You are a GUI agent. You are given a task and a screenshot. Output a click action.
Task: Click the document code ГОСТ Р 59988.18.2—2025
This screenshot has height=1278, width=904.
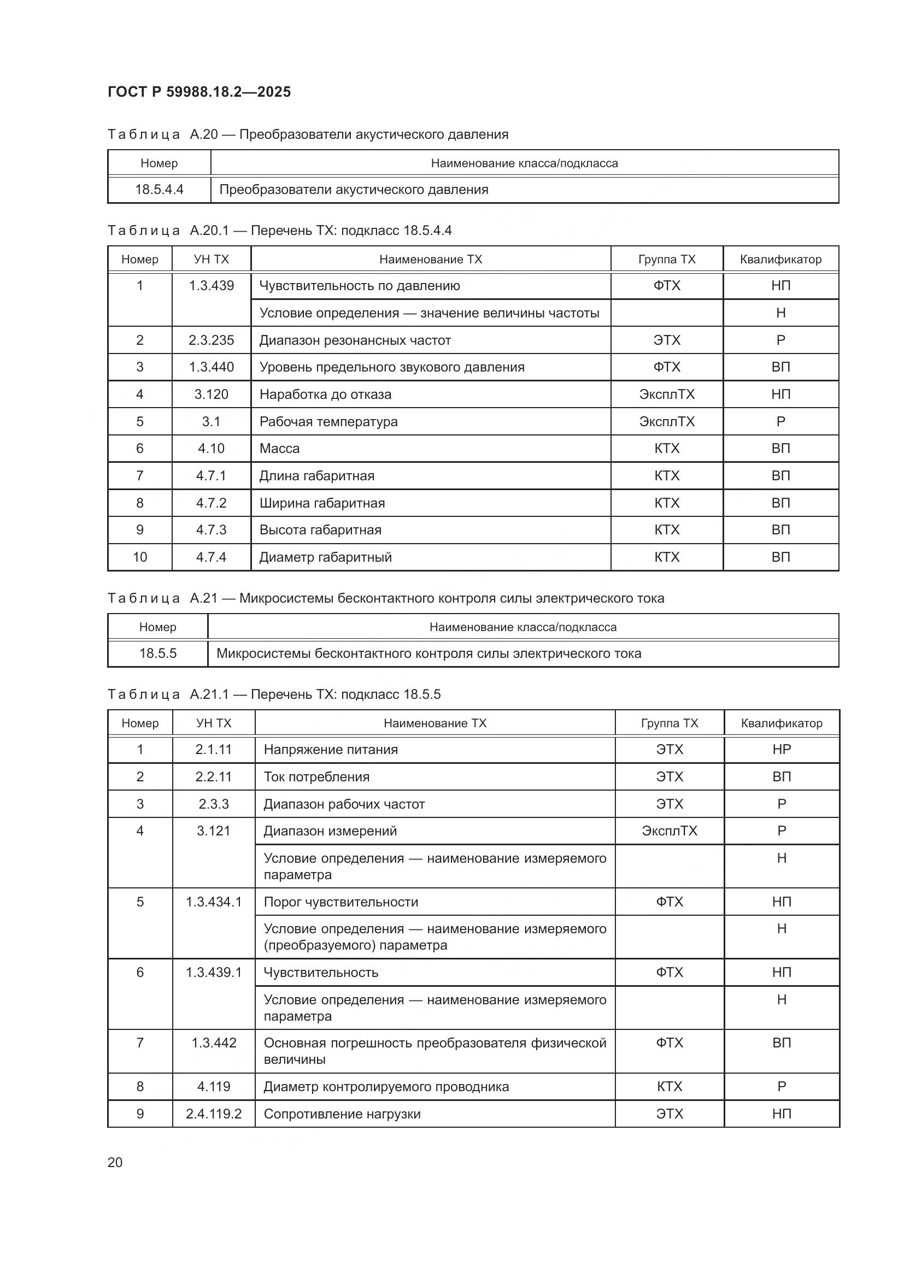(199, 92)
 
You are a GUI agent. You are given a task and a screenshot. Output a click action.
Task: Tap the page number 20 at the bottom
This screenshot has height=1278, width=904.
(115, 1163)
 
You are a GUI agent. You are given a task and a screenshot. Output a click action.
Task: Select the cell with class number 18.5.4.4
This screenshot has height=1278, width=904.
(159, 190)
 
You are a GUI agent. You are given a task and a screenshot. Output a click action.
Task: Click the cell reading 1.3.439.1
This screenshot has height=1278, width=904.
(214, 973)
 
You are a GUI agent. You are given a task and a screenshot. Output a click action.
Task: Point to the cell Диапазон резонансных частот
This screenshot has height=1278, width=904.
(355, 340)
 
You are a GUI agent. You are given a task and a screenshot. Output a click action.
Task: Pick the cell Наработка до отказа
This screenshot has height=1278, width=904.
(325, 394)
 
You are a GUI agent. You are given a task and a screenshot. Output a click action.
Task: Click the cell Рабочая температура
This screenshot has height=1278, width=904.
(328, 422)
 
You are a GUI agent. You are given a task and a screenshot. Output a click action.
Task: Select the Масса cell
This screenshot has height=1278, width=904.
(279, 449)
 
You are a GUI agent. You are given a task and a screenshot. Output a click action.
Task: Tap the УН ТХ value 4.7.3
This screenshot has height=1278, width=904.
(211, 530)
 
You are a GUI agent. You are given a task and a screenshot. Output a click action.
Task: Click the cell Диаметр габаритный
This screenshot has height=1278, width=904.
(325, 557)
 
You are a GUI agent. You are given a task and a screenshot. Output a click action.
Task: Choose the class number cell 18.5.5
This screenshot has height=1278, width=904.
(157, 653)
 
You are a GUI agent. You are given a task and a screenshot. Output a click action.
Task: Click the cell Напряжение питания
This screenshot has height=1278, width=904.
(331, 750)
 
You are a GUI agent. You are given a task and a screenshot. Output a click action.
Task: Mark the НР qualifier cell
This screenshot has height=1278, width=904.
(782, 750)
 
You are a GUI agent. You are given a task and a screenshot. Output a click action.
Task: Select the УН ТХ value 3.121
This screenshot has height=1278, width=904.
(213, 831)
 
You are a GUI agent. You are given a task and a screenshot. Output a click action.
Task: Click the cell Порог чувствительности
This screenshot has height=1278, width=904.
(341, 902)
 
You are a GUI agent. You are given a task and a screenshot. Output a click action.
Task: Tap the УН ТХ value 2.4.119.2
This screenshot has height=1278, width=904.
(214, 1114)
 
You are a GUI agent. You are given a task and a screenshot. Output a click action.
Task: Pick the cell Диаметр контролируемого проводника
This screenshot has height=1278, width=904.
(386, 1087)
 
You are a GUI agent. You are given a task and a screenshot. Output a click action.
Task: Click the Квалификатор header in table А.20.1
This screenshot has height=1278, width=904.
(780, 260)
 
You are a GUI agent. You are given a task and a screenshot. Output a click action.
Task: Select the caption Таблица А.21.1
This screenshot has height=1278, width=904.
(274, 694)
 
